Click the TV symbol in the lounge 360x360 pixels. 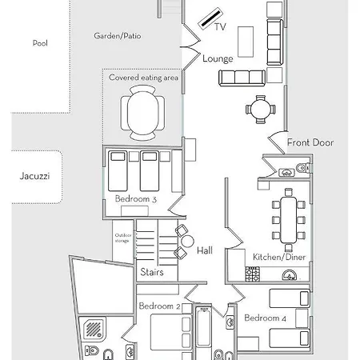pos(210,18)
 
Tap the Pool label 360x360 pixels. pos(40,43)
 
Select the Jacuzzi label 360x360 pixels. pos(34,176)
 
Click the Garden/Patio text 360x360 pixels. pos(118,36)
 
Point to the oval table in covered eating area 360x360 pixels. pos(142,113)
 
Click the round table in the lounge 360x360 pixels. pos(261,110)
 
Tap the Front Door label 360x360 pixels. pos(310,142)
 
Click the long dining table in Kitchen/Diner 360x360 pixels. pos(289,220)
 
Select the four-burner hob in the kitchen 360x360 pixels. pos(253,274)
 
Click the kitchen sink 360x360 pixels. pos(290,275)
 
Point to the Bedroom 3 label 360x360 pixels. pos(136,199)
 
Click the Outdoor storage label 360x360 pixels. pos(123,238)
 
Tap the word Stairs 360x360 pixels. pos(152,272)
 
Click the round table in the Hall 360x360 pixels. pos(187,242)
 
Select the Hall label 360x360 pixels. pos(205,250)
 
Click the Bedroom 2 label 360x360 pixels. pos(159,306)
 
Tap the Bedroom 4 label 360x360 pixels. pos(265,318)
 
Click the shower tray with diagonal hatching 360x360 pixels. pos(93,329)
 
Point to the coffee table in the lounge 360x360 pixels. pos(246,42)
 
